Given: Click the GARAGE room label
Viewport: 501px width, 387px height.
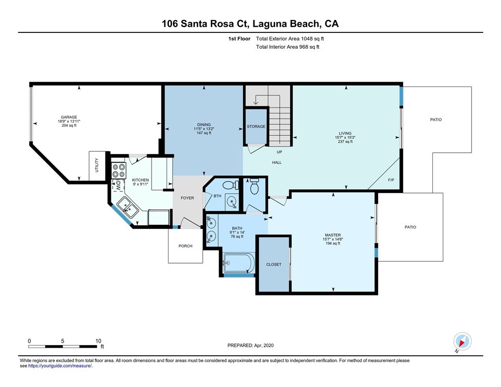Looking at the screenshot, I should click(x=69, y=117).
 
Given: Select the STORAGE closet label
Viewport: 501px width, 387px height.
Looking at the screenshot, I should click(x=256, y=127).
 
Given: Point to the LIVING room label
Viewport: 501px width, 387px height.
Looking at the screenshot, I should click(x=345, y=133).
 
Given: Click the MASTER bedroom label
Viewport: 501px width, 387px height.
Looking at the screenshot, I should click(x=333, y=235).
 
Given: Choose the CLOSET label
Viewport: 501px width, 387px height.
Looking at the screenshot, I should click(x=273, y=265).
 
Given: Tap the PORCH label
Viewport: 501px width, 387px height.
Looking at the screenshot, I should click(x=185, y=246).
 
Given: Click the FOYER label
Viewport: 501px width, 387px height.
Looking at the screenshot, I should click(x=187, y=198).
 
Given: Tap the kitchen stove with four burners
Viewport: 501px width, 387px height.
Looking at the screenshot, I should click(x=118, y=171).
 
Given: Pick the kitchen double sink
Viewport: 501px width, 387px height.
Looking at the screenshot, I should click(x=127, y=207).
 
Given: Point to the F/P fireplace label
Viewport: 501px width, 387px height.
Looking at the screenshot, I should click(x=391, y=180).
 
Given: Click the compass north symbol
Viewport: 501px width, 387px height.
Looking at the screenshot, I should click(x=462, y=342).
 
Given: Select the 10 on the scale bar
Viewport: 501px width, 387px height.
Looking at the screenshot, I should click(x=98, y=341).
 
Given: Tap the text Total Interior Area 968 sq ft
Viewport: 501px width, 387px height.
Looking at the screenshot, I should click(x=287, y=47).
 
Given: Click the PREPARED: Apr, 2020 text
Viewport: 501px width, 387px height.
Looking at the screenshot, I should click(x=250, y=345).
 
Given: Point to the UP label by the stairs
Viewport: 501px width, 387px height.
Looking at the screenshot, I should click(x=279, y=152).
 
